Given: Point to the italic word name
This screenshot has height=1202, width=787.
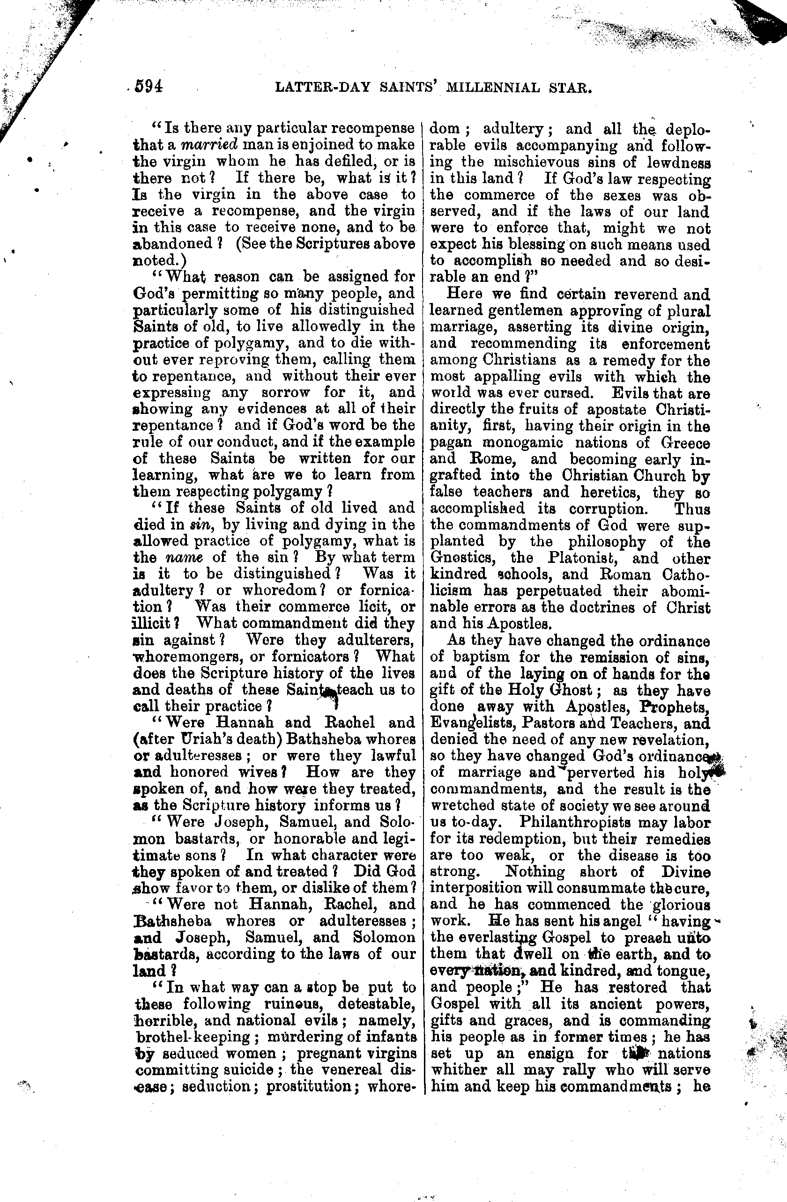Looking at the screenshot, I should click(x=185, y=557).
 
